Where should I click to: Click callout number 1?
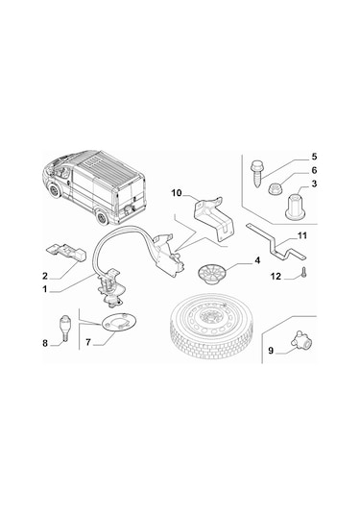click(44, 287)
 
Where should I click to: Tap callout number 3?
click(314, 184)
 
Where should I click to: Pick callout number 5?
click(313, 156)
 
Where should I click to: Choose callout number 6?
click(314, 170)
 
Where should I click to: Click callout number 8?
click(44, 342)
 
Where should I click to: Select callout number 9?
click(271, 351)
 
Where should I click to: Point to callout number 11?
click(301, 236)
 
